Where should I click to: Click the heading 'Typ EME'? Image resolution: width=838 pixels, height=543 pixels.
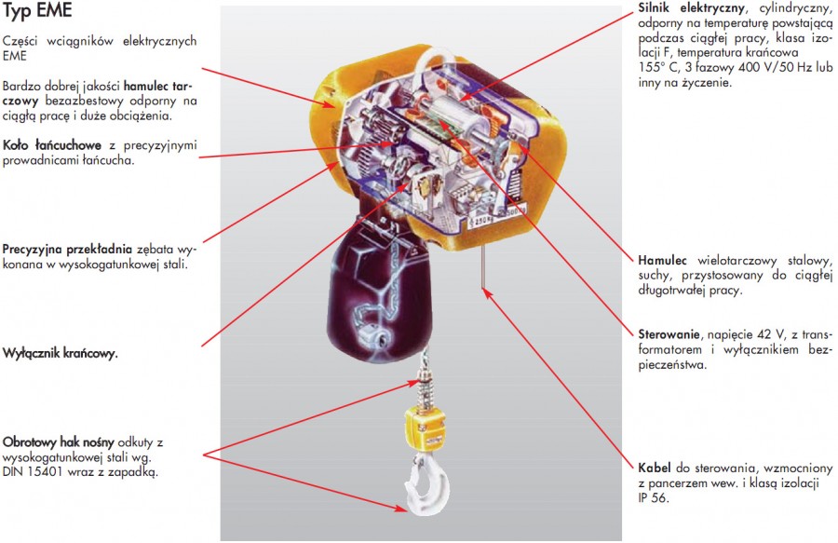[37, 14]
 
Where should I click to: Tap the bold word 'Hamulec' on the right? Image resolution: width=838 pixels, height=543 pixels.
[663, 259]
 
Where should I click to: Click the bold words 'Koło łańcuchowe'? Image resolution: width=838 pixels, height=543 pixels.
[53, 145]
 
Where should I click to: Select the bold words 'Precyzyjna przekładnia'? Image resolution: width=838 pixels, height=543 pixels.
[68, 250]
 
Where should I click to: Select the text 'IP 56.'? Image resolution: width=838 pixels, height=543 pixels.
[654, 499]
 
